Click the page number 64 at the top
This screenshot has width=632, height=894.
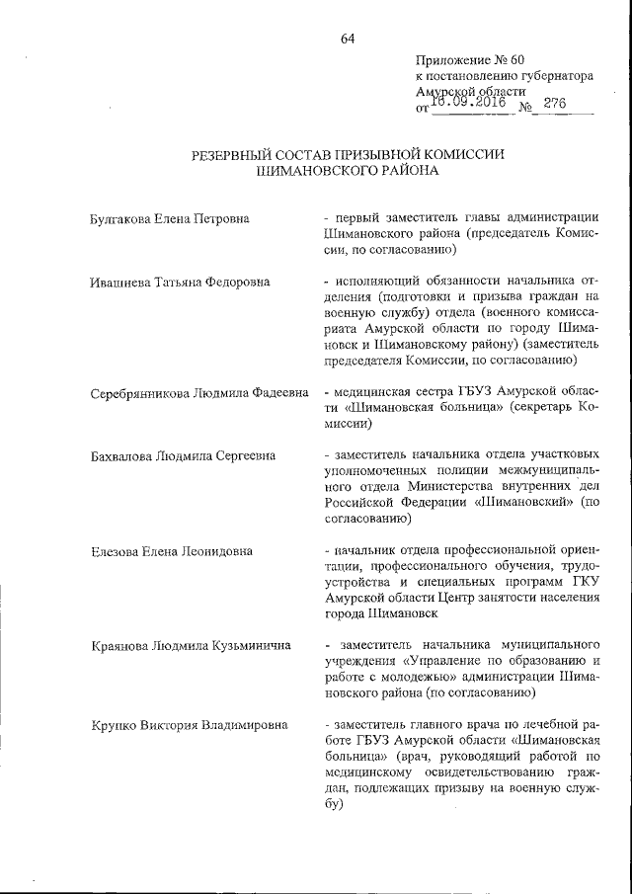pos(348,39)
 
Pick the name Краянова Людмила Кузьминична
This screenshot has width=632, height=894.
pos(184,646)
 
